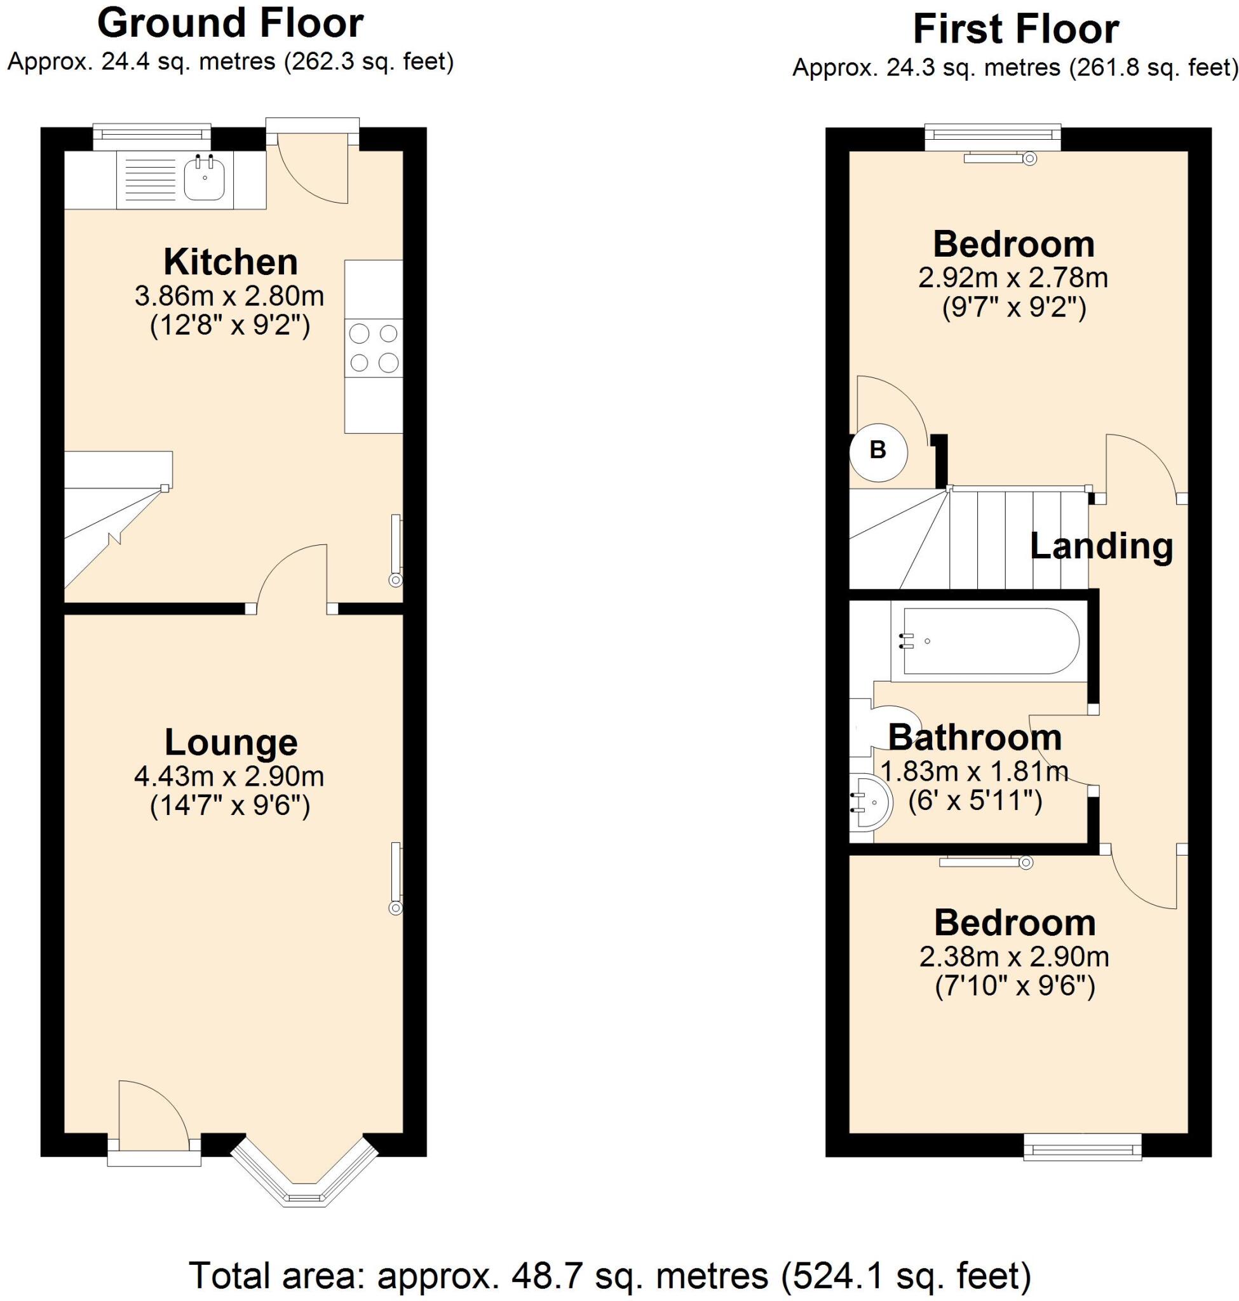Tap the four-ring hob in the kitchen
click(x=374, y=348)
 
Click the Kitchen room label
click(x=231, y=262)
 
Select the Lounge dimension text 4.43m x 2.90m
click(x=229, y=777)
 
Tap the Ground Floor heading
click(x=230, y=24)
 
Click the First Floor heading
click(x=1015, y=30)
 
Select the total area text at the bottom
click(x=609, y=1275)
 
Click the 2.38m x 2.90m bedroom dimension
click(x=1014, y=956)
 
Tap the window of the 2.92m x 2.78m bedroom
click(x=992, y=136)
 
